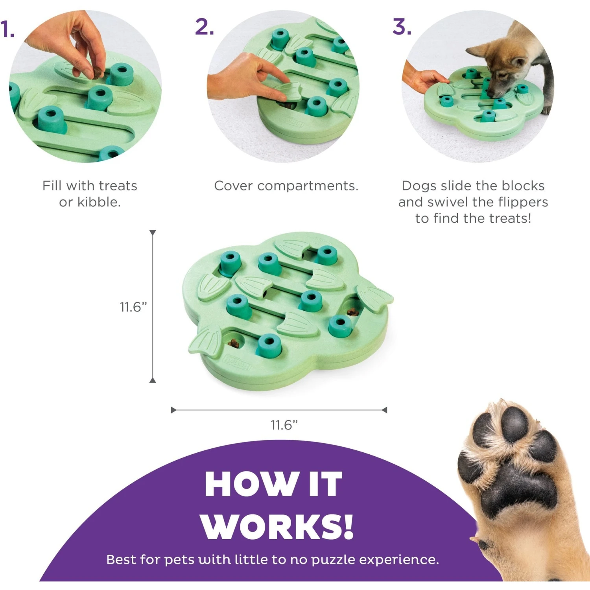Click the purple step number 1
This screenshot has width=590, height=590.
point(7,29)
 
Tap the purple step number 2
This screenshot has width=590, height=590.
point(204,27)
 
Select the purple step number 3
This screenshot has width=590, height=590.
point(402,27)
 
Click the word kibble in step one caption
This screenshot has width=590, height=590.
point(98,202)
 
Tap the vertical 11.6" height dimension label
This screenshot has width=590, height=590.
point(133,307)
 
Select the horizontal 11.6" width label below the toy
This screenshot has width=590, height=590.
point(284,425)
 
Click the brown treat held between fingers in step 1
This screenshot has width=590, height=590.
point(96,73)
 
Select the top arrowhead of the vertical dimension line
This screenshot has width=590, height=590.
point(153,233)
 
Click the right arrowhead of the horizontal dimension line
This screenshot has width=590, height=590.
point(384,410)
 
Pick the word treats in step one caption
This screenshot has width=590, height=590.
point(118,186)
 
